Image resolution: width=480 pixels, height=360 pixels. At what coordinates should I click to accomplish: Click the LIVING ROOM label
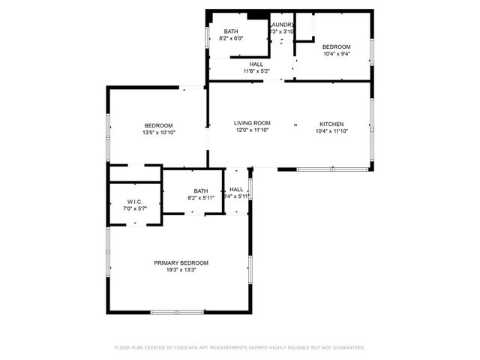point(252,123)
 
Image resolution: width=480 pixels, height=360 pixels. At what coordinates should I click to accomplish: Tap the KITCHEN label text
point(331,123)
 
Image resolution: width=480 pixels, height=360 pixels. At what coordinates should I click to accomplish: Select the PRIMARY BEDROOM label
point(181,262)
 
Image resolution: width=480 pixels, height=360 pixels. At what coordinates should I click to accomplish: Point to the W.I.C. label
point(135,201)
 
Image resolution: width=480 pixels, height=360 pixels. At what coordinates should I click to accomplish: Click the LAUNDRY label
point(282,25)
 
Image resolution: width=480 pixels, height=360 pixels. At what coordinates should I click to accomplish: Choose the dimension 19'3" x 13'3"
point(181,270)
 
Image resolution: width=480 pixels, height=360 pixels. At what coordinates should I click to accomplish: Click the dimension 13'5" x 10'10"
point(159,133)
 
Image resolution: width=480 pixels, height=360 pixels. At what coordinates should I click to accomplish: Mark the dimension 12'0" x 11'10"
point(252,130)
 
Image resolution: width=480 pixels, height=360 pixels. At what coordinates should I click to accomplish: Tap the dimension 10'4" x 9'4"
point(337,54)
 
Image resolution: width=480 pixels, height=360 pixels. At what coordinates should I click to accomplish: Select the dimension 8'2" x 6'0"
point(231,38)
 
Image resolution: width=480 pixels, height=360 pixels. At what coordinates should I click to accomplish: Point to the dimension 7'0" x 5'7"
point(135,208)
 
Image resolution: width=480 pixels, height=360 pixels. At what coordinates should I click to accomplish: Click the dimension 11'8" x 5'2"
point(256,71)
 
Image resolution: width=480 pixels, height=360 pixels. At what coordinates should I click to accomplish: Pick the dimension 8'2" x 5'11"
point(201,198)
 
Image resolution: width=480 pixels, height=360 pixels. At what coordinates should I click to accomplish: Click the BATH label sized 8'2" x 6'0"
point(231,31)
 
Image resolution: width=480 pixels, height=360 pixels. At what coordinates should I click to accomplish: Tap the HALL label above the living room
point(256,64)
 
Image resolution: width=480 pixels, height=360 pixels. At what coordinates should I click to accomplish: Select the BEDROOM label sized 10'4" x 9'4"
point(337,46)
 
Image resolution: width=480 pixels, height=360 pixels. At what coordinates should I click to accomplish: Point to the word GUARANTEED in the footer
point(349,347)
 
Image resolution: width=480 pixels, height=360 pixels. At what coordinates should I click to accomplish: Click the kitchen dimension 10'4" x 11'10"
point(331,130)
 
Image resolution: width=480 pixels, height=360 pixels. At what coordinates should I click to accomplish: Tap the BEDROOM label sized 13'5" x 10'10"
point(159,125)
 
